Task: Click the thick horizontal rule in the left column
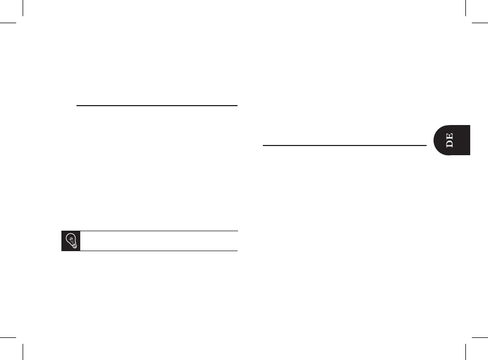(x=157, y=106)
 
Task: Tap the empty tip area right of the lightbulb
(x=159, y=241)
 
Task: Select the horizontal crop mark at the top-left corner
(x=9, y=24)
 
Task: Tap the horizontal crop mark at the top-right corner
(x=479, y=24)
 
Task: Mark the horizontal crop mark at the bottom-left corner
(x=9, y=337)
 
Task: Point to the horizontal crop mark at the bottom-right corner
(x=479, y=337)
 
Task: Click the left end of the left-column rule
(x=78, y=106)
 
